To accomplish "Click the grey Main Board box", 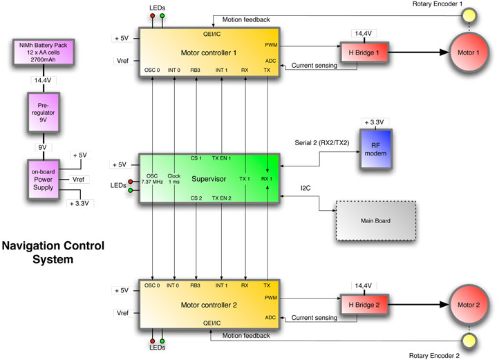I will click(x=373, y=221).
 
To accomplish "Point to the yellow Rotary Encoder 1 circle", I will click(x=469, y=15).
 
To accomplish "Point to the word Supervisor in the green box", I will click(x=209, y=178).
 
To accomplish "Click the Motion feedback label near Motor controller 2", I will click(x=247, y=336).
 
